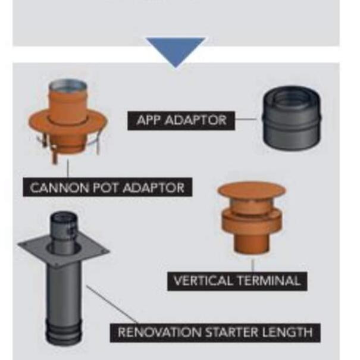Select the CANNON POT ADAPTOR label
(x=107, y=188)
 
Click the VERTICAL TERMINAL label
(x=237, y=280)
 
